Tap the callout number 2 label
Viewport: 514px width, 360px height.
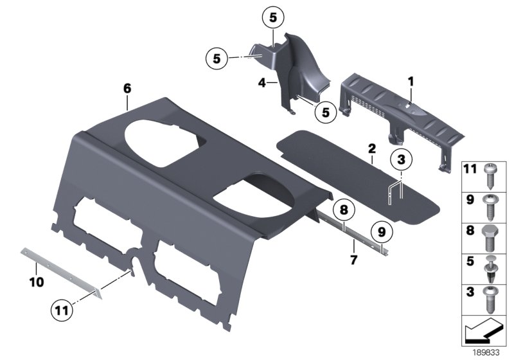(371, 148)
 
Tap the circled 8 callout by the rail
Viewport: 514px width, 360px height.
(344, 210)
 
